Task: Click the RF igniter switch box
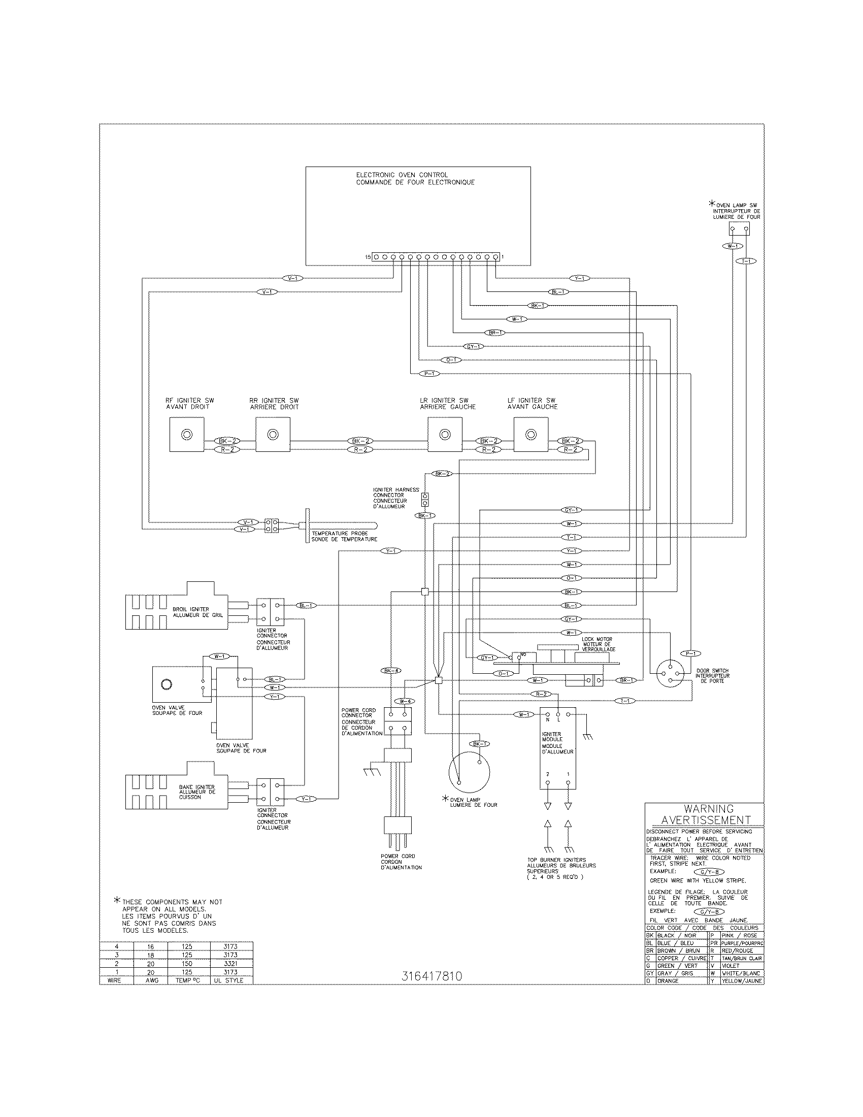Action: (187, 434)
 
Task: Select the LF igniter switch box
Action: (531, 434)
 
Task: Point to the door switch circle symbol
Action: (669, 675)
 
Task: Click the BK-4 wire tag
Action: (390, 671)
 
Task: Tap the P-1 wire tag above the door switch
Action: (691, 653)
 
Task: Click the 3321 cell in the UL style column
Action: (230, 963)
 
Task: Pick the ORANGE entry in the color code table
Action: (668, 981)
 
